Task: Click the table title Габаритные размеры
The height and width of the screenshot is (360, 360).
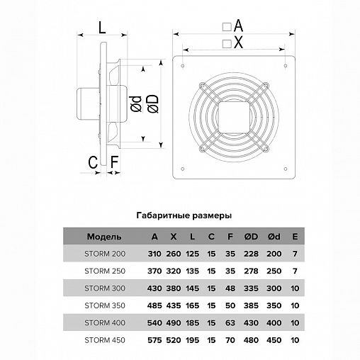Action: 184,215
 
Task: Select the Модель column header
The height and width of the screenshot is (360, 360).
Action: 104,237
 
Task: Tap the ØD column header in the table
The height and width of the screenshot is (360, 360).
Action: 251,237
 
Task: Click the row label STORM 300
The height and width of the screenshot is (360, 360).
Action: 105,288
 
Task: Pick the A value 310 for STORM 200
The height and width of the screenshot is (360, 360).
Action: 154,254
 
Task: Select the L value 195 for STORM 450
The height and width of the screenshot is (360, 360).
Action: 192,340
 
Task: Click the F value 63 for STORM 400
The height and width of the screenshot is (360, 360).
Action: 230,323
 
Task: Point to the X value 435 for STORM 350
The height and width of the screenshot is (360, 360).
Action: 174,305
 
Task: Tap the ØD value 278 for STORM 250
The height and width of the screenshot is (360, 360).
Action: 251,271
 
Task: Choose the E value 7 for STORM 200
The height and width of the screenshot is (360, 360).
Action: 295,254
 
